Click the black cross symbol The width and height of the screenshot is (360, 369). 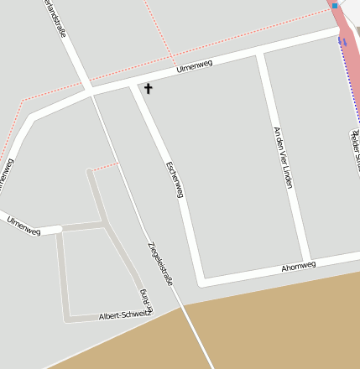(149, 88)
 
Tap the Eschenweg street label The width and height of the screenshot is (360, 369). (175, 179)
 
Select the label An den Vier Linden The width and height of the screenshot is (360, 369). (283, 157)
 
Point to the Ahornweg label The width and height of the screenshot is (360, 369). (299, 267)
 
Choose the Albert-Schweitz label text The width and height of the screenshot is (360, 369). (123, 315)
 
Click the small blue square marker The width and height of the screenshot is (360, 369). (334, 5)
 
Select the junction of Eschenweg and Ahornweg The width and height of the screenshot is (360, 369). (200, 279)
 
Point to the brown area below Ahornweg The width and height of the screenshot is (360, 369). (269, 327)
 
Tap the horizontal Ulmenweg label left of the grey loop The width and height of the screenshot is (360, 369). (23, 225)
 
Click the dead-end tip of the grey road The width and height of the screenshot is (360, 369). (89, 172)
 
